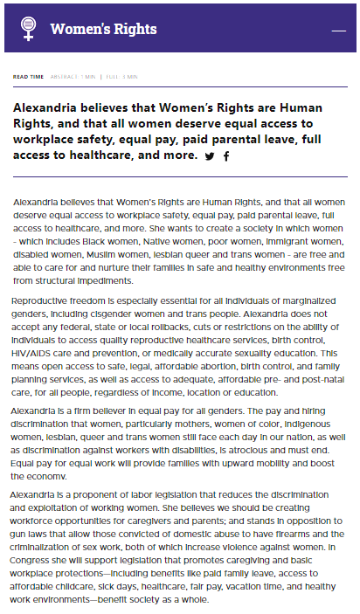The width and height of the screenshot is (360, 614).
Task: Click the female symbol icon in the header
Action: tap(28, 29)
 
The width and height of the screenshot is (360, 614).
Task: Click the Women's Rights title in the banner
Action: tap(103, 29)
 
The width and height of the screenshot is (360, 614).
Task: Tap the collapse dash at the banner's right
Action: tap(339, 30)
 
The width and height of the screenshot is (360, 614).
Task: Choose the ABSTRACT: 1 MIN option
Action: tap(73, 77)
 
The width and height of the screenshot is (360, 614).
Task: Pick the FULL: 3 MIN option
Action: tap(122, 77)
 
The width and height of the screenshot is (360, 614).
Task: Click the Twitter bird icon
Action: tap(210, 156)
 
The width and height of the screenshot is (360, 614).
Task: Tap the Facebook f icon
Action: tap(226, 156)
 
